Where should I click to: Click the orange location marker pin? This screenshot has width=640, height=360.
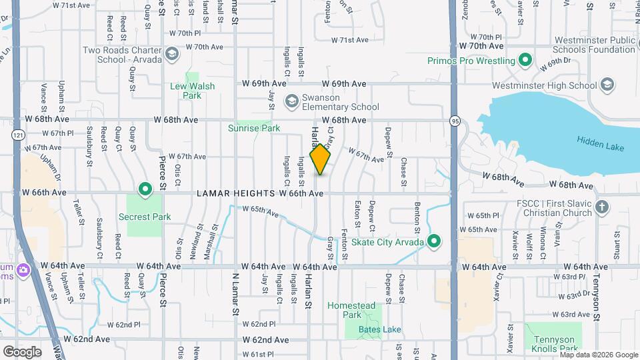pos(321,159)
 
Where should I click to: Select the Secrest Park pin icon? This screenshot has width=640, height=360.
pos(145,191)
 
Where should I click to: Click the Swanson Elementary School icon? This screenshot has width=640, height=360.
pos(291,101)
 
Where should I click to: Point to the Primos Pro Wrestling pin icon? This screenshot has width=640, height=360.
pos(525,61)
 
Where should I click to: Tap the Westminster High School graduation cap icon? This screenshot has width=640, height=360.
pos(607,85)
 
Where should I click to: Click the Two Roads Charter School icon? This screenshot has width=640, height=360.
pos(171,54)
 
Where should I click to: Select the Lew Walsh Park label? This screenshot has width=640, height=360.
pos(192,91)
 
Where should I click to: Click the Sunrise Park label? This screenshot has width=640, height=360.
pos(253,128)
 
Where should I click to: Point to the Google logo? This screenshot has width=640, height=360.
pos(22,351)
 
